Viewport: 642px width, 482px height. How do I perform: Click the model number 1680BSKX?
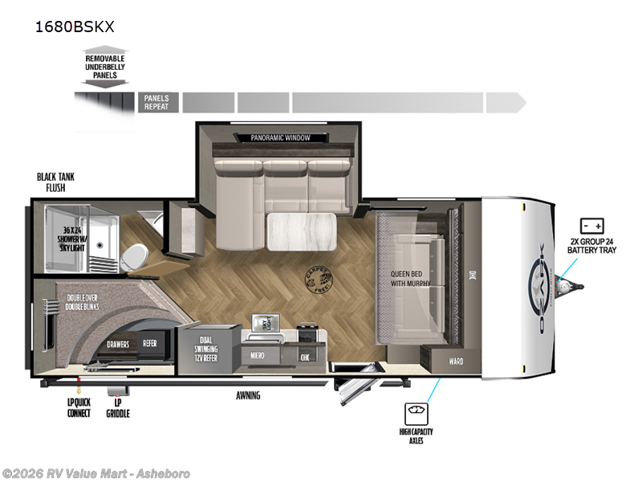tap(74, 26)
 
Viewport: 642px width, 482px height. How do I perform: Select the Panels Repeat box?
tap(156, 102)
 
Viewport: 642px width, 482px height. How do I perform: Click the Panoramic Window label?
tap(280, 138)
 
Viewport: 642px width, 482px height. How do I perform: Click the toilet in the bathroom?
tap(136, 255)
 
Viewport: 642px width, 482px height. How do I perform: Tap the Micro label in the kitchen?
tap(258, 354)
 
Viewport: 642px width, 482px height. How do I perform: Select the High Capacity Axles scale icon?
tap(418, 412)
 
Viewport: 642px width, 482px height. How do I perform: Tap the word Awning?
tap(248, 396)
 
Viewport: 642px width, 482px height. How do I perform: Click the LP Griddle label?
tap(117, 408)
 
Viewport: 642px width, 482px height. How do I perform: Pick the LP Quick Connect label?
tap(79, 408)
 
